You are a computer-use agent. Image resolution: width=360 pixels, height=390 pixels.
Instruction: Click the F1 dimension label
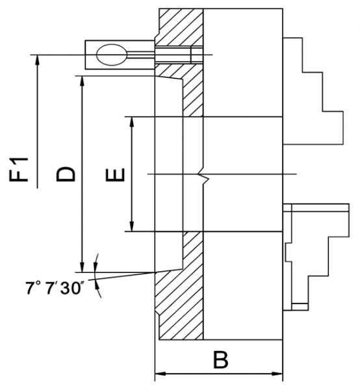coord(19,170)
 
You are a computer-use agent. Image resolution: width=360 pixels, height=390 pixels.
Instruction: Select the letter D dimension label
coord(66,174)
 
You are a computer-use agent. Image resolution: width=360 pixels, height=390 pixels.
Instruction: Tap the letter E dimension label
coord(115,175)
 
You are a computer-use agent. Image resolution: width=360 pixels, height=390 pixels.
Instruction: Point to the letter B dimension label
coord(220,360)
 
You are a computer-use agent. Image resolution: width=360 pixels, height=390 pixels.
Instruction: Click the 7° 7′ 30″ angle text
coord(55,288)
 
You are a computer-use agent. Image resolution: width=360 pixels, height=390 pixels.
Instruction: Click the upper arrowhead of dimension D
coord(82,81)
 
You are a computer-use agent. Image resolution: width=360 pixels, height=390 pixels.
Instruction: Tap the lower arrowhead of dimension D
coord(82,267)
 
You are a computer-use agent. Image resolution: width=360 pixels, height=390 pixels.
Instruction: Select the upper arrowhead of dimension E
coord(132,122)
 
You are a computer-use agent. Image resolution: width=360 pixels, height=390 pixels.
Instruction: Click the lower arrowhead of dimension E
coord(132,226)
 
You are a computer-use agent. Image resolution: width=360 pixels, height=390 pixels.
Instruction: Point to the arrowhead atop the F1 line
coord(37,60)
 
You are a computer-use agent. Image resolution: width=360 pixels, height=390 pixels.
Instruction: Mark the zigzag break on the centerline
coord(203,177)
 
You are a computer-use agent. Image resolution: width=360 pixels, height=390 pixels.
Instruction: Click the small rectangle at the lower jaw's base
coord(300,307)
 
